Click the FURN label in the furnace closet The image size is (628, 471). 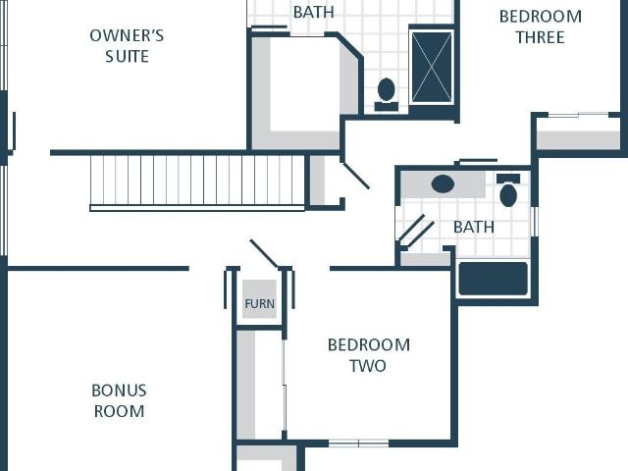pyautogui.click(x=259, y=303)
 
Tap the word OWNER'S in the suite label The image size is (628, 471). pyautogui.click(x=127, y=35)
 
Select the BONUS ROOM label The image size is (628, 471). pyautogui.click(x=119, y=401)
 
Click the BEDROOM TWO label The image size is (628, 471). pyautogui.click(x=369, y=355)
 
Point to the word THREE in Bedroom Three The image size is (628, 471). pyautogui.click(x=541, y=37)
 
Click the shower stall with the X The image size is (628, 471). pyautogui.click(x=432, y=67)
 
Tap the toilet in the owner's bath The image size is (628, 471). pyautogui.click(x=386, y=94)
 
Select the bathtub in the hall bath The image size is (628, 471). pyautogui.click(x=493, y=279)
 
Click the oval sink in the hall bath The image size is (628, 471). pyautogui.click(x=443, y=184)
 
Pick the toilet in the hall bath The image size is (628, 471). pyautogui.click(x=508, y=189)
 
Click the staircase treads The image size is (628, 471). pyautogui.click(x=197, y=180)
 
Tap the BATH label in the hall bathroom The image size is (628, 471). pyautogui.click(x=474, y=227)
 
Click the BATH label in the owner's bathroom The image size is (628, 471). pyautogui.click(x=314, y=12)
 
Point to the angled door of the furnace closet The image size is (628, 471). pyautogui.click(x=264, y=253)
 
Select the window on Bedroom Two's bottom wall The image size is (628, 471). pyautogui.click(x=358, y=444)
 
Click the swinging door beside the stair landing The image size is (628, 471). pyautogui.click(x=355, y=176)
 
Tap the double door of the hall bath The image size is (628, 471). pyautogui.click(x=416, y=230)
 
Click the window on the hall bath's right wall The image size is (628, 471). pyautogui.click(x=534, y=222)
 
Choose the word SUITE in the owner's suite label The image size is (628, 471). pyautogui.click(x=127, y=57)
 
